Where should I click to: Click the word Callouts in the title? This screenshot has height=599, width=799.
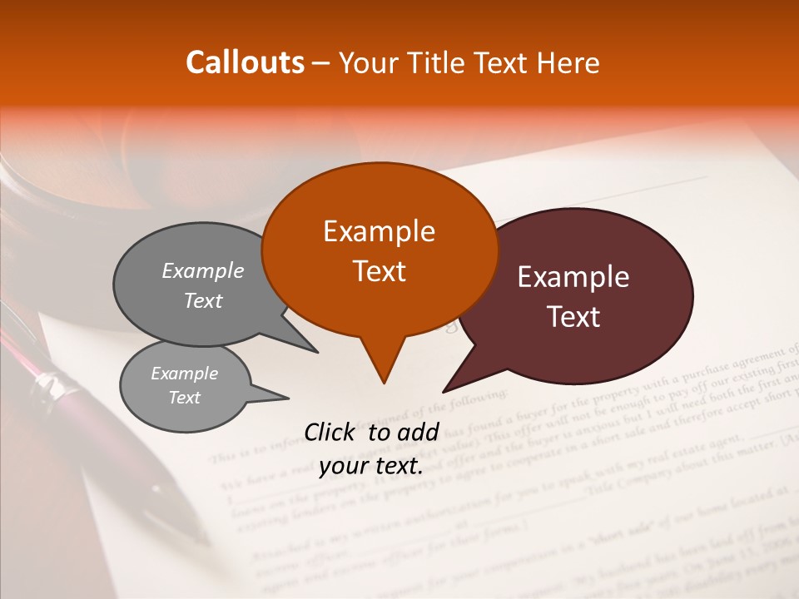(245, 62)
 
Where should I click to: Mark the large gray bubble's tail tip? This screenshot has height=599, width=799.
(317, 351)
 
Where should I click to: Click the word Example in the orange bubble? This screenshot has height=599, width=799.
(379, 231)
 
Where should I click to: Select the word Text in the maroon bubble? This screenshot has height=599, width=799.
(574, 317)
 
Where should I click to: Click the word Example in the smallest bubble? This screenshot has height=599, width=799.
(184, 374)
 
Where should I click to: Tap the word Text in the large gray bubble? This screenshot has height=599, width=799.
(203, 301)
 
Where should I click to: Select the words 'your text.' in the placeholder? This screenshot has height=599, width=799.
(371, 467)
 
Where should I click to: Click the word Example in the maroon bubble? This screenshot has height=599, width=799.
(573, 277)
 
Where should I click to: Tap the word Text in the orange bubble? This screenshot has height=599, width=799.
(380, 271)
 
